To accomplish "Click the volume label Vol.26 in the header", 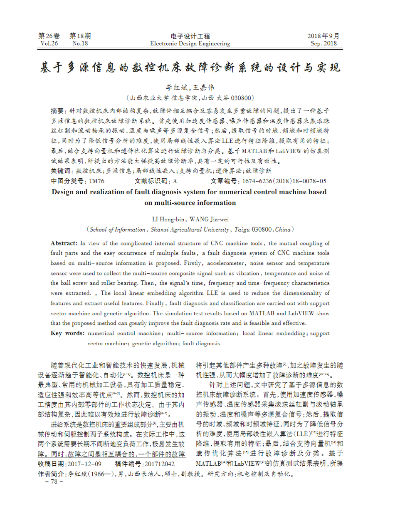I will (49, 43).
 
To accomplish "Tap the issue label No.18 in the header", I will (80, 43).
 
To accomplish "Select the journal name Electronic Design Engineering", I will (190, 43).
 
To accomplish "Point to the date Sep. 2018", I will (324, 43).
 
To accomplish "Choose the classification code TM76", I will (97, 181).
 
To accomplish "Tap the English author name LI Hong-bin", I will (170, 219).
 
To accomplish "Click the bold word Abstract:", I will (64, 243).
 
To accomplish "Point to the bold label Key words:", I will (68, 333).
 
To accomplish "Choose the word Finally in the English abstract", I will (229, 303).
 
